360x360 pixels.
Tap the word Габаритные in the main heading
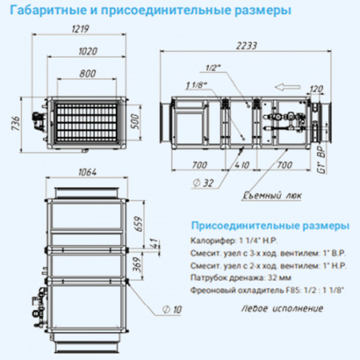(41, 10)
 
